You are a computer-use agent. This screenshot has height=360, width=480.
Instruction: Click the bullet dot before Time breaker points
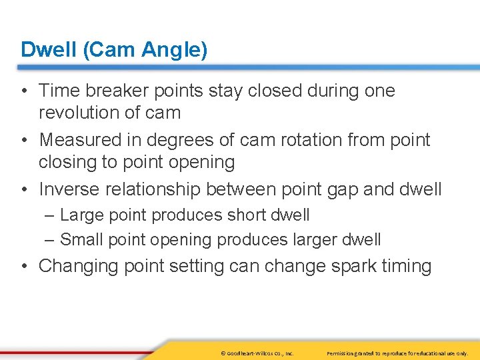pyautogui.click(x=24, y=91)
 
